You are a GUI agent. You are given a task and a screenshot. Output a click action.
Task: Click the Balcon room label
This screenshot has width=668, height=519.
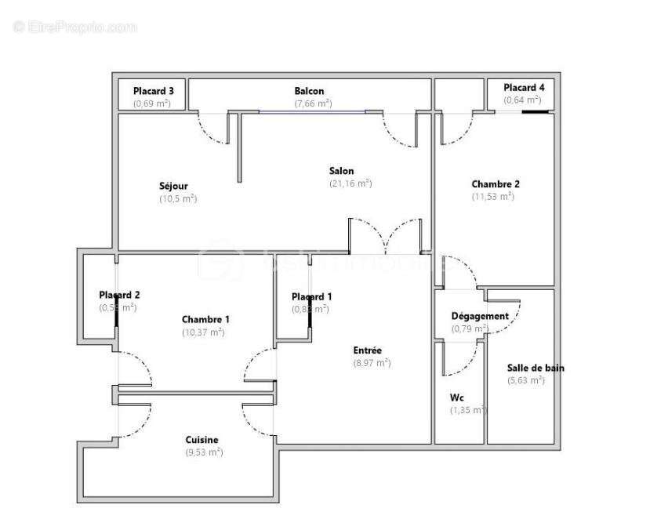pyautogui.click(x=309, y=91)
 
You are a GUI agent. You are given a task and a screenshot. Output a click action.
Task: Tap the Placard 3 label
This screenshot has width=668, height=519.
pyautogui.click(x=152, y=91)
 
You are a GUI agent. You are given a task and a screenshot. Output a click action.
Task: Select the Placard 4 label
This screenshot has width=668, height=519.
pyautogui.click(x=523, y=88)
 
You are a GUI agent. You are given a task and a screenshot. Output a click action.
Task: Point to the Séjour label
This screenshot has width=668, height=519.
pyautogui.click(x=173, y=186)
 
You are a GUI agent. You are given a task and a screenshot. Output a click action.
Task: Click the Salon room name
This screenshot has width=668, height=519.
pyautogui.click(x=341, y=171)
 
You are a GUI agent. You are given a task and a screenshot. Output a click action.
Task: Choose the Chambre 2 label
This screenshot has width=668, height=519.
pyautogui.click(x=496, y=184)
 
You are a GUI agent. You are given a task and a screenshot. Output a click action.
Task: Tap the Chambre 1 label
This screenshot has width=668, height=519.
pyautogui.click(x=205, y=319)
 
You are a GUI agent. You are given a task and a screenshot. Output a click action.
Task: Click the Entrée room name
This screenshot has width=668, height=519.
pyautogui.click(x=367, y=350)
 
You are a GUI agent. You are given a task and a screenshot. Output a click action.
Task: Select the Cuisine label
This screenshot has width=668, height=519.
pyautogui.click(x=201, y=440)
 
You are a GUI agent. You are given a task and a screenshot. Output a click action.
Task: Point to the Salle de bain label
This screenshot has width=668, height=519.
pyautogui.click(x=535, y=368)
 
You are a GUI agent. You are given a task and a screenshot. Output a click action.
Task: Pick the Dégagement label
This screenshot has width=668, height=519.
pyautogui.click(x=480, y=316)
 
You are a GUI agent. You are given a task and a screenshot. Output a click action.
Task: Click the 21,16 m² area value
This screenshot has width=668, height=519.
pyautogui.click(x=350, y=183)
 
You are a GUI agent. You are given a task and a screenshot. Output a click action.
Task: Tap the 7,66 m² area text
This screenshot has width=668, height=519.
pyautogui.click(x=313, y=103)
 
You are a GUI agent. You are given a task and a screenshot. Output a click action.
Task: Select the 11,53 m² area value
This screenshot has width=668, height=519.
pyautogui.click(x=492, y=197)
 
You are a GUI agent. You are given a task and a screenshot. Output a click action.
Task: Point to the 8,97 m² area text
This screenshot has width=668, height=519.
pyautogui.click(x=372, y=363)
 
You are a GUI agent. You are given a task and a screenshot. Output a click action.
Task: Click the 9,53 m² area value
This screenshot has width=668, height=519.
pyautogui.click(x=204, y=452)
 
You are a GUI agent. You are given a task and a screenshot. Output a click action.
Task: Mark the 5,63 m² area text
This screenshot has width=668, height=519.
pyautogui.click(x=525, y=380)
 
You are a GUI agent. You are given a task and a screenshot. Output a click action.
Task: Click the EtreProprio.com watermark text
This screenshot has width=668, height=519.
pyautogui.click(x=75, y=27)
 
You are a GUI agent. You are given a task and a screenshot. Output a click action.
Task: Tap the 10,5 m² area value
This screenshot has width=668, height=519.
pyautogui.click(x=177, y=198)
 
